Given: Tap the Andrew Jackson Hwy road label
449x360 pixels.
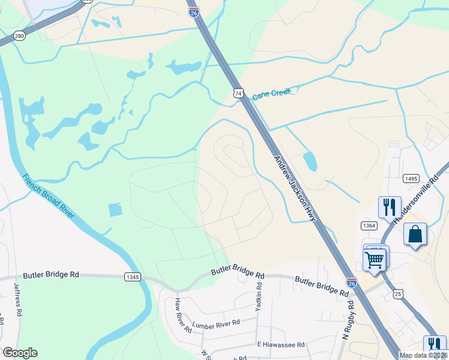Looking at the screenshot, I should (x=295, y=188).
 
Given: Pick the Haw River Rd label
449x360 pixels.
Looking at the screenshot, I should (x=182, y=315).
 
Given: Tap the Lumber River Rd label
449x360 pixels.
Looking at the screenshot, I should (x=216, y=323).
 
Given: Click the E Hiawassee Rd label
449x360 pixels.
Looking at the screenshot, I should (x=281, y=344).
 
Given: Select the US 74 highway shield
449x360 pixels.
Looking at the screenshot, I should (x=239, y=93).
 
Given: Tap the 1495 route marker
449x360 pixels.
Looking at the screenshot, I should (x=411, y=178).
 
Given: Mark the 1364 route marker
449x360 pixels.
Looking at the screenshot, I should (x=369, y=225).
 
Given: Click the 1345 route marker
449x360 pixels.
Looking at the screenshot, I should (x=133, y=277).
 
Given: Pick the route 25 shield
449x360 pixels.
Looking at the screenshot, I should (x=399, y=293).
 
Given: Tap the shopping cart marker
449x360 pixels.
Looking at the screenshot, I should (x=375, y=260).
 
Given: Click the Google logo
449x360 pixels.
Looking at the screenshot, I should (x=20, y=353).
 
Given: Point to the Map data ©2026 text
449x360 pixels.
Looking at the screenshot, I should (x=423, y=355).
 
